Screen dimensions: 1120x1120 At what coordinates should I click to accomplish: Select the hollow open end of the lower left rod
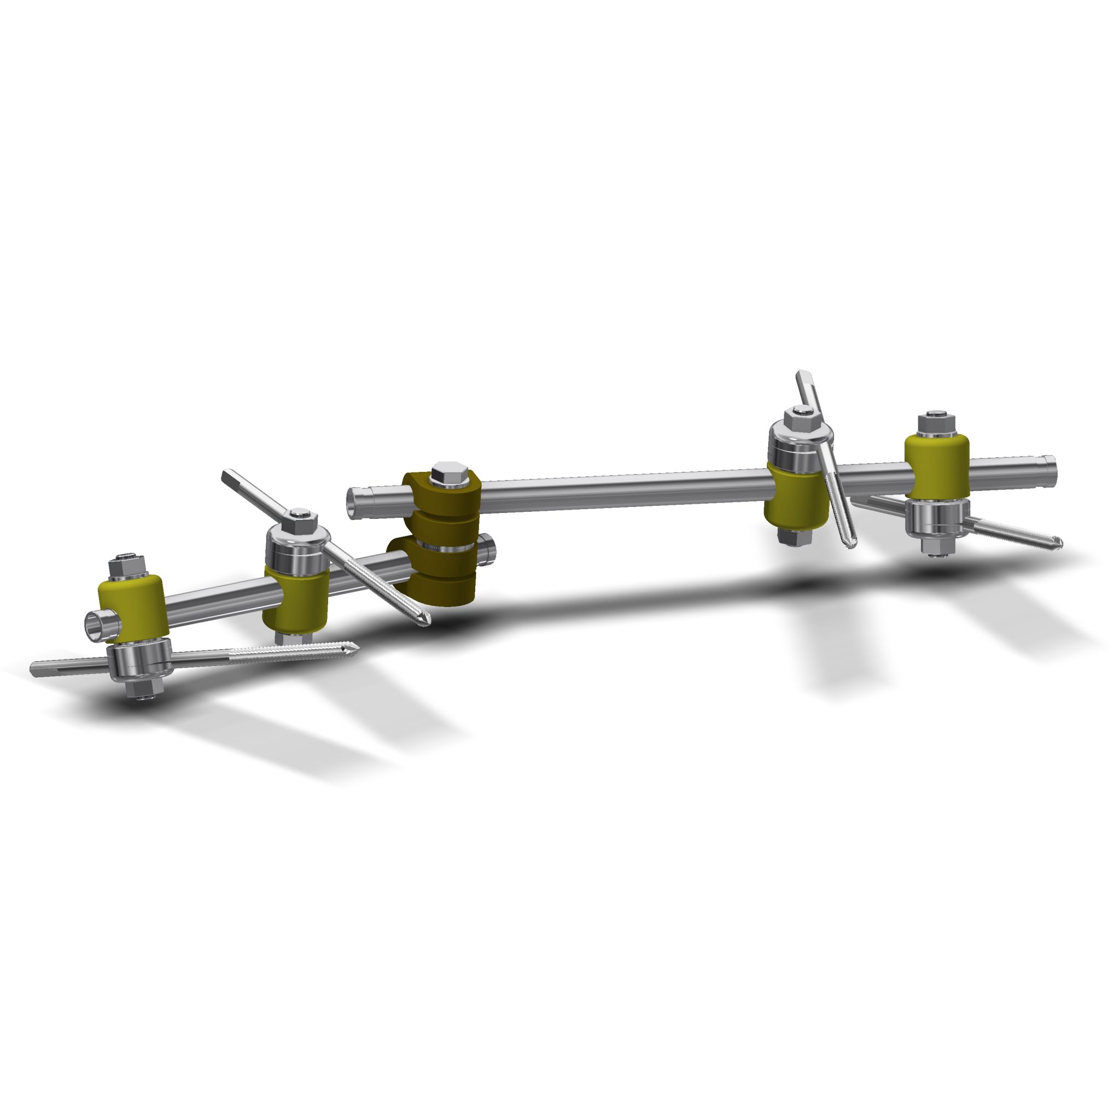click(x=95, y=625)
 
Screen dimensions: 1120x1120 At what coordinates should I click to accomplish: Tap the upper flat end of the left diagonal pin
click(x=226, y=476)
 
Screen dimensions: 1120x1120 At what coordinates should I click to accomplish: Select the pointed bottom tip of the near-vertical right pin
click(x=850, y=545)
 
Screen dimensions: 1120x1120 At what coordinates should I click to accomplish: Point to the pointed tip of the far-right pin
click(x=1059, y=542)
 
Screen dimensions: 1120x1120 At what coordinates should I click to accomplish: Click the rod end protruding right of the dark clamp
click(x=490, y=546)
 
